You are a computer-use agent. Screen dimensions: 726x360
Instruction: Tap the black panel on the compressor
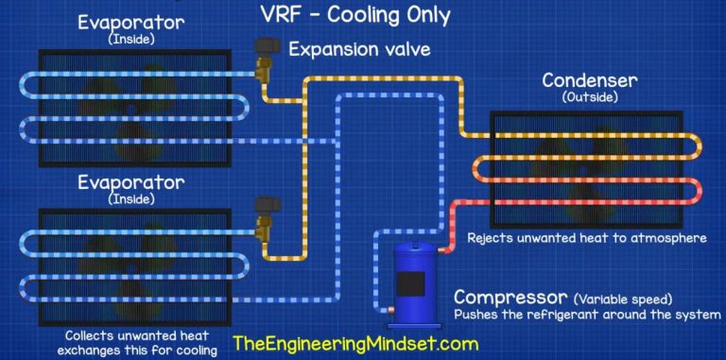[410, 285]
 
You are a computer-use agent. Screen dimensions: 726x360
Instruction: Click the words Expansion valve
[360, 49]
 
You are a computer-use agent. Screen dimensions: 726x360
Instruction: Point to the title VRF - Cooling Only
[355, 15]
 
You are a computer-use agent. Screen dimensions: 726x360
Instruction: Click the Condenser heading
[590, 80]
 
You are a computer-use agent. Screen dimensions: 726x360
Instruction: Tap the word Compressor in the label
[510, 297]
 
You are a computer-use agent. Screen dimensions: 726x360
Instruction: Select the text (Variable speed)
[622, 299]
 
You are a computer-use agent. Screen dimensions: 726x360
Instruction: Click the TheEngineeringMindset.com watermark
[355, 344]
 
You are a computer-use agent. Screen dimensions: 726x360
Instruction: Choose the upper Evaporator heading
[131, 23]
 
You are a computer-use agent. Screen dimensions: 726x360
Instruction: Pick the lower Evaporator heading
[131, 182]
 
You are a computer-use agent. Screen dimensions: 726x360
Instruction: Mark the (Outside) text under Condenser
[590, 97]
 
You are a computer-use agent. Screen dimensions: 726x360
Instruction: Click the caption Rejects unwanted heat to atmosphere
[587, 238]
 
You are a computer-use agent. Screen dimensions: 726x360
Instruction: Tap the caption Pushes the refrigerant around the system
[588, 315]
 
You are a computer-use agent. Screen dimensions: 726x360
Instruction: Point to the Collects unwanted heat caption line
[136, 335]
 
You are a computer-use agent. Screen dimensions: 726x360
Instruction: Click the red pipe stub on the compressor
[441, 250]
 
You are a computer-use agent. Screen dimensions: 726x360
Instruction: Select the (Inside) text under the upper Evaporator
[131, 40]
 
